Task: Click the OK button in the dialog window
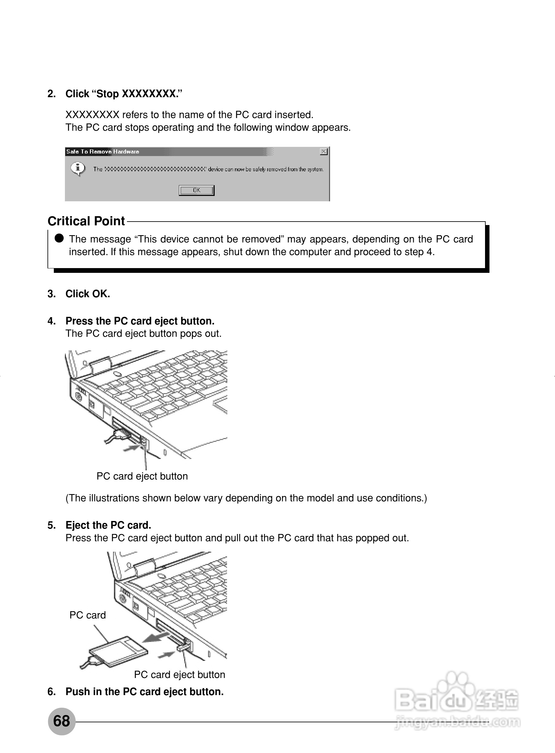tap(197, 190)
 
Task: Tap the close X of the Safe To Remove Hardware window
tap(324, 152)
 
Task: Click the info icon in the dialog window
tap(78, 168)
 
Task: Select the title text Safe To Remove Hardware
tap(103, 152)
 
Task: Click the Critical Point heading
tap(86, 221)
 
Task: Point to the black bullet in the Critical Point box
tap(59, 238)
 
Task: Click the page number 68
tap(61, 720)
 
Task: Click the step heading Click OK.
tap(88, 293)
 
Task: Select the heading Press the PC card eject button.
tap(140, 321)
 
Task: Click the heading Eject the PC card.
tap(108, 525)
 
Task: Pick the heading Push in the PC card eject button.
tap(144, 692)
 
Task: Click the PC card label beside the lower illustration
tap(88, 615)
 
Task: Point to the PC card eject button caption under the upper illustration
tap(142, 476)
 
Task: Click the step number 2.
tap(51, 94)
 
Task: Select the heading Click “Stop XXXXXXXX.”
tap(123, 94)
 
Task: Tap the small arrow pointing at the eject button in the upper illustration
tap(131, 448)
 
